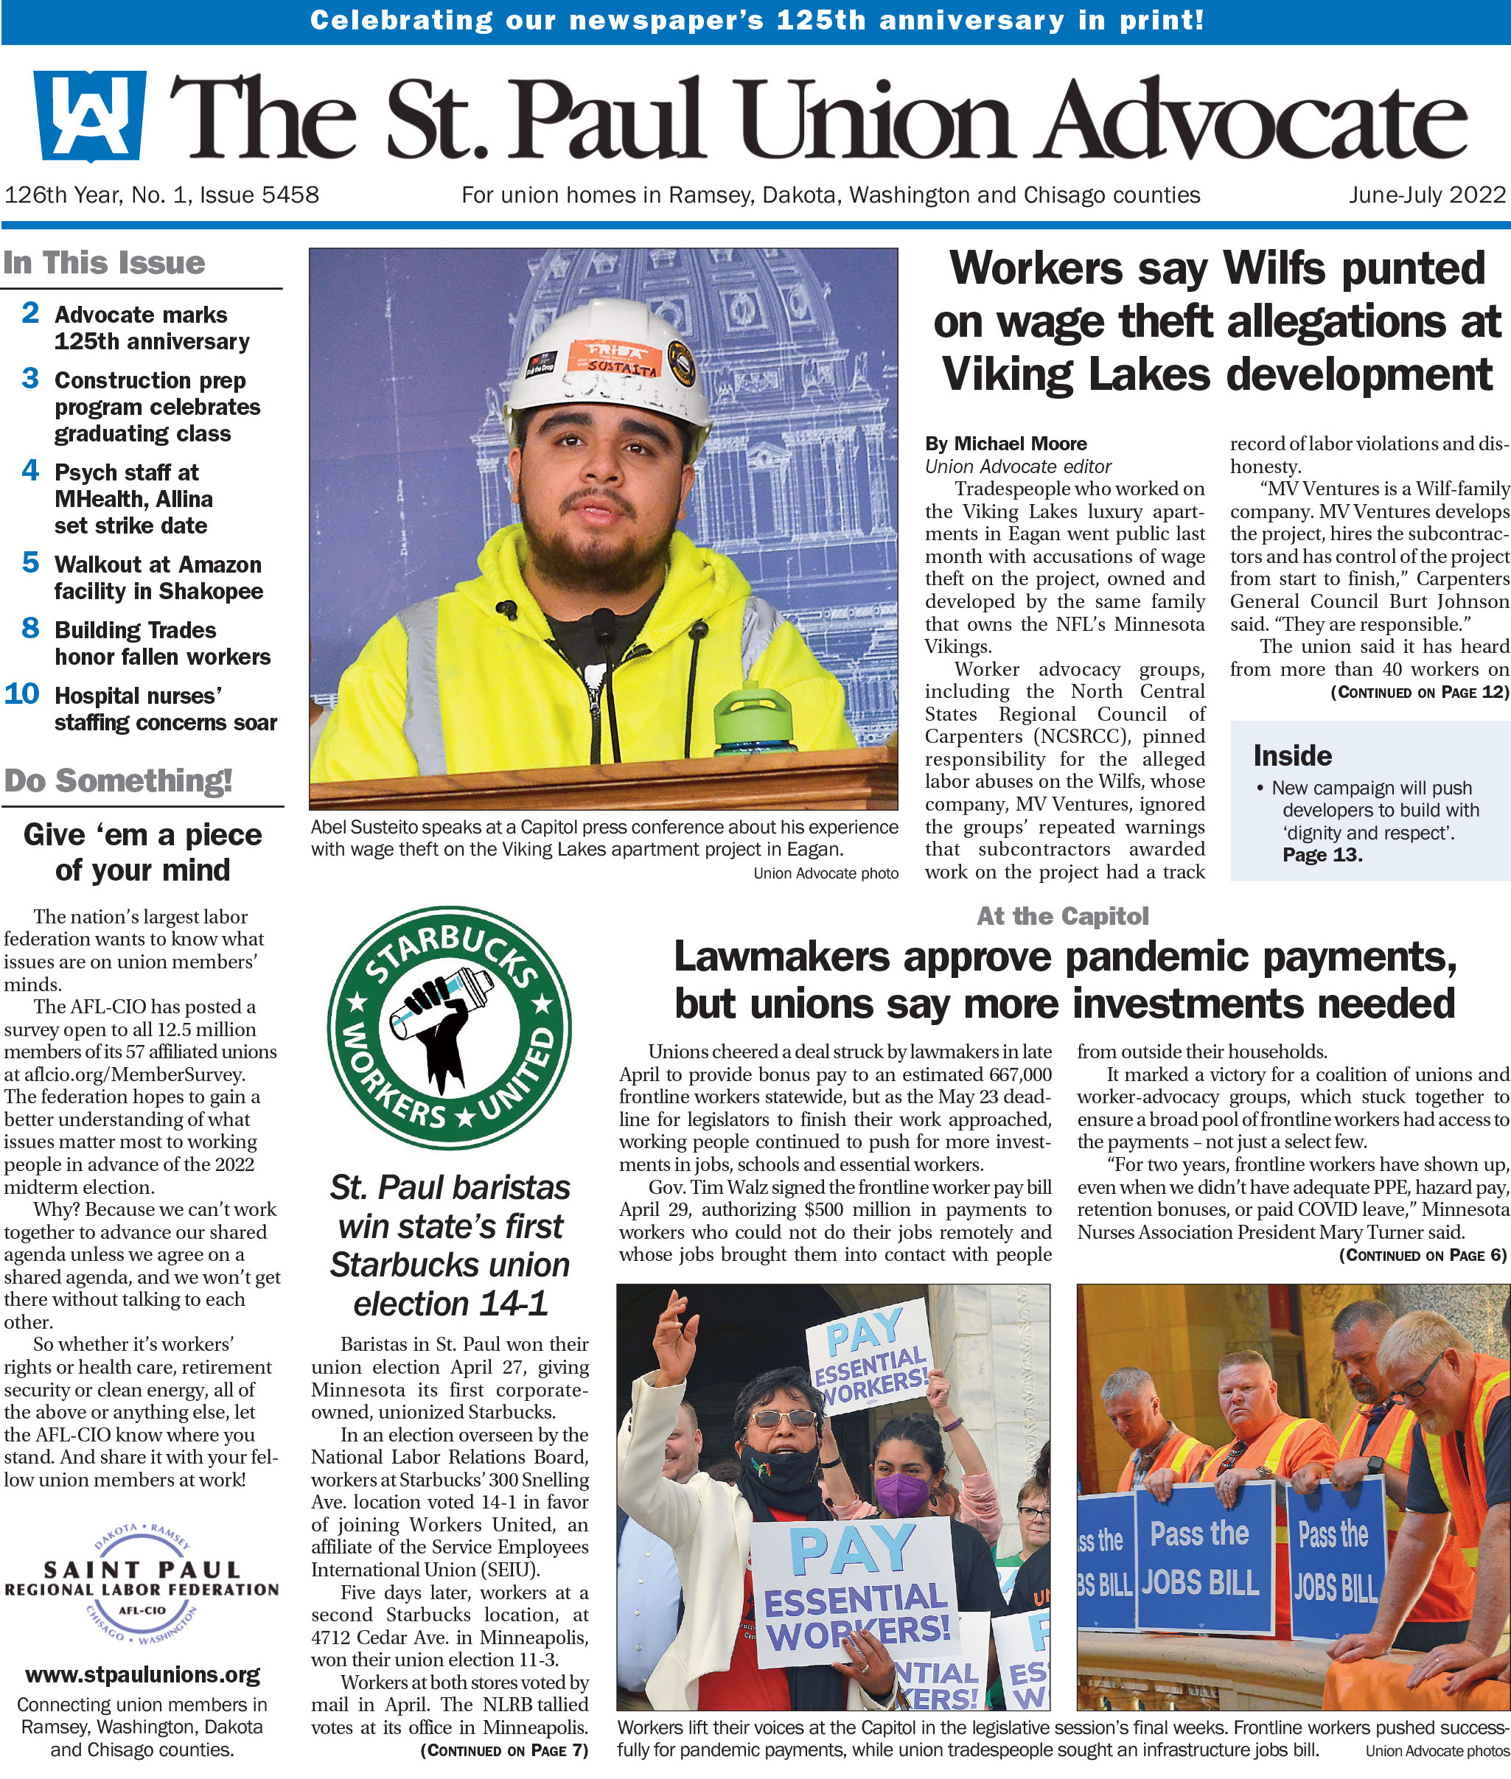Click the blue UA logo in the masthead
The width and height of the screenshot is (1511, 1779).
88,116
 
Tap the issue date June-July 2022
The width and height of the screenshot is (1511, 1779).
1426,195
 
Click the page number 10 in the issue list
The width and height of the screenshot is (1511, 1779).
22,693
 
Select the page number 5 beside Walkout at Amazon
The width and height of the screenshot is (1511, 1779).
31,563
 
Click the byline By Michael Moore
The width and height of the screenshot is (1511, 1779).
1005,444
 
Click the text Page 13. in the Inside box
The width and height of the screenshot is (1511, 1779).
1322,855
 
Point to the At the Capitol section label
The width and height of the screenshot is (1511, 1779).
1062,917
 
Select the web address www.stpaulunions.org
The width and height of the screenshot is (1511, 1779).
143,1674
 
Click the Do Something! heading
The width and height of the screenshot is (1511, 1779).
118,780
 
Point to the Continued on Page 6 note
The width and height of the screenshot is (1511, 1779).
1423,1256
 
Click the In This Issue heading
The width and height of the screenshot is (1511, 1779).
105,262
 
